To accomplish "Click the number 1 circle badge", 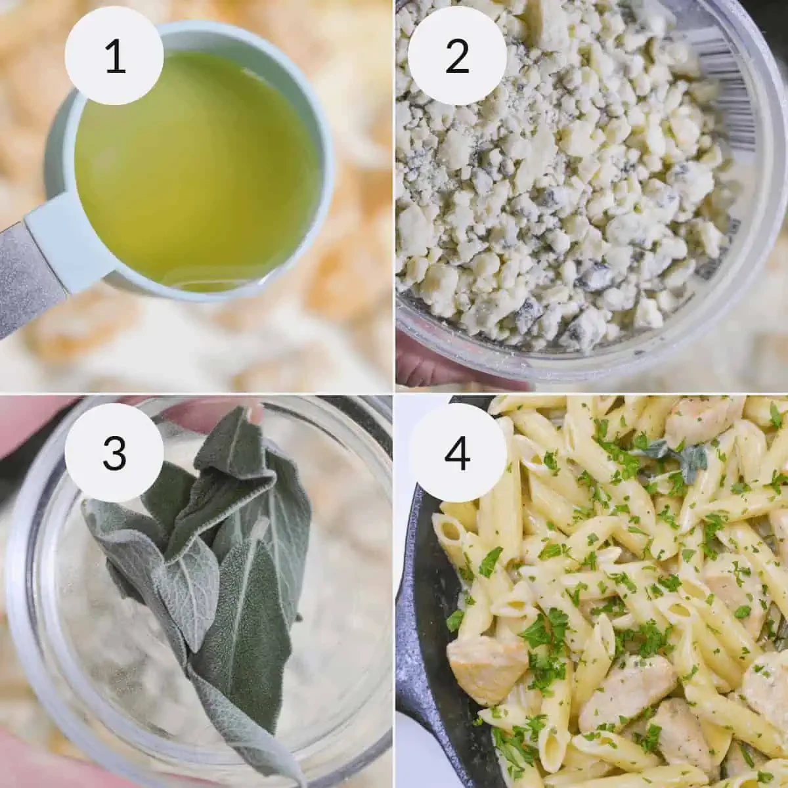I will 115,56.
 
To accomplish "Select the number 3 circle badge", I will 115,451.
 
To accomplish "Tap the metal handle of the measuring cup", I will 26,276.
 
